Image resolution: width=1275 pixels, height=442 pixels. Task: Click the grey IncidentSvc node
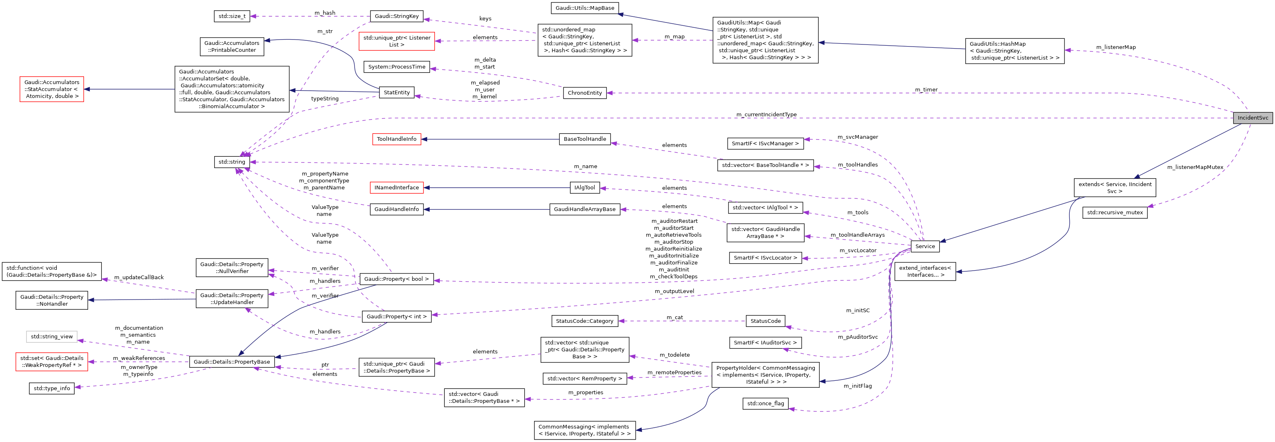(x=1252, y=118)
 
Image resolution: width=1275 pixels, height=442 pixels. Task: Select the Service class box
(x=925, y=246)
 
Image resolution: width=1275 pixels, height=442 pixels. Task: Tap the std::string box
(x=232, y=162)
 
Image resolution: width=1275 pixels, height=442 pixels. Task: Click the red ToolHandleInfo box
(x=397, y=139)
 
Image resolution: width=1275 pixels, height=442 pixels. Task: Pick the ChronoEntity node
(x=585, y=93)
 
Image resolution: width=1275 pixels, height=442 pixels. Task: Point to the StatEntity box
(x=397, y=93)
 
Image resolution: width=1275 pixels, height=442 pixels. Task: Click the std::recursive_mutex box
(x=1115, y=212)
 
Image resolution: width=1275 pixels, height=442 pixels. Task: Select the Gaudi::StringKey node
(x=397, y=16)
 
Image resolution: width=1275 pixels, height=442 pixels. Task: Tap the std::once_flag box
(x=765, y=403)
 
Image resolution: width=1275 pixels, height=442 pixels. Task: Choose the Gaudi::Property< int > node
(x=397, y=316)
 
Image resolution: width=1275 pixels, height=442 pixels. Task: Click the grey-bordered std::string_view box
(x=51, y=337)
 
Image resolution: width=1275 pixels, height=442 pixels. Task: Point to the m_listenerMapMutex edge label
(x=1195, y=167)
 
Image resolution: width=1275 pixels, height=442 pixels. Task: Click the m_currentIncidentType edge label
(x=766, y=114)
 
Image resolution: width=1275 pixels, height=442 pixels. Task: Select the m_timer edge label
(x=926, y=90)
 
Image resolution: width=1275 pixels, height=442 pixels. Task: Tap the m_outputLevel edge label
(x=674, y=291)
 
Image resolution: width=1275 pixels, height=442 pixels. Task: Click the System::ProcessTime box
(x=397, y=67)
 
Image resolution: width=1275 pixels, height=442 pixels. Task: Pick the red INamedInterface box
(x=397, y=188)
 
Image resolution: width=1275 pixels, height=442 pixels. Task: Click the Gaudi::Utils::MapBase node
(x=585, y=8)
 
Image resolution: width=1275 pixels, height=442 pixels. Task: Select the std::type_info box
(x=51, y=389)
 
